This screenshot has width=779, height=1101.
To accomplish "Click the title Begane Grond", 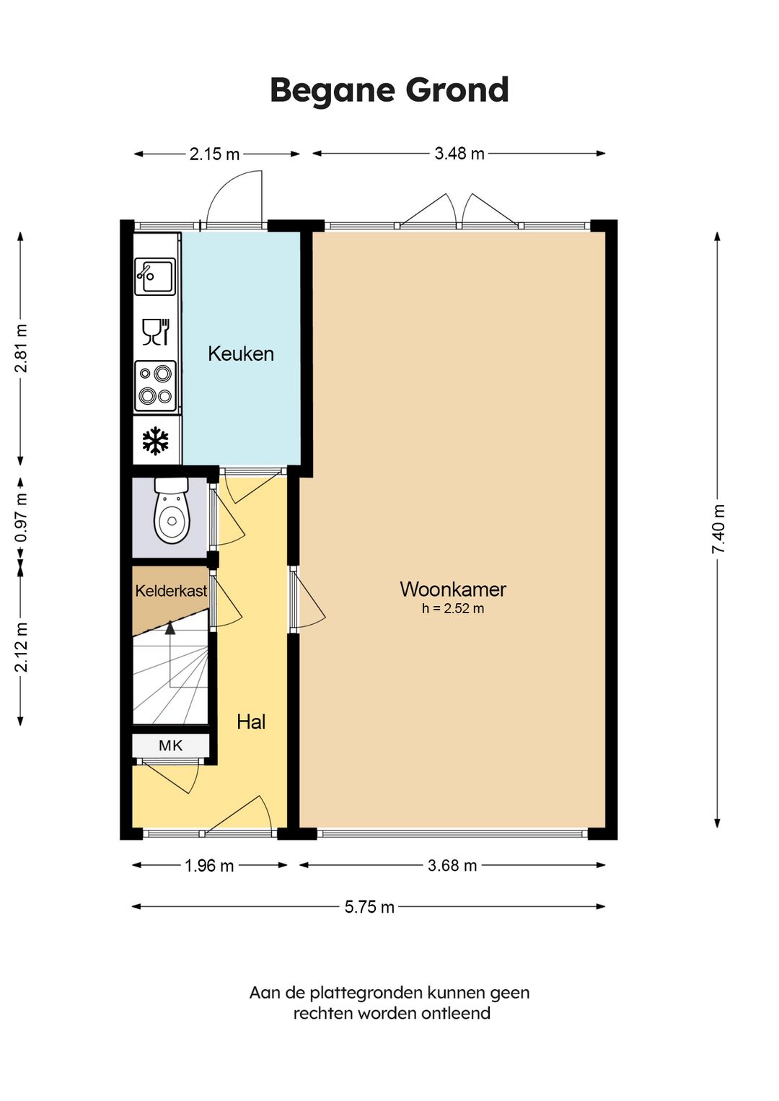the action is pos(389,90).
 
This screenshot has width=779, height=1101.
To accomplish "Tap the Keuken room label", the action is pos(241,354).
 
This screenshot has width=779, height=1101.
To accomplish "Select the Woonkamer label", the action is pos(453,589).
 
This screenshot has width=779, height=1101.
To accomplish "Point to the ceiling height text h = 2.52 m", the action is pos(453,608).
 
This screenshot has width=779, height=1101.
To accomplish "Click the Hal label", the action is pos(251,721).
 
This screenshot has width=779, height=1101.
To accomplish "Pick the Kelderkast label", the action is pos(171,591).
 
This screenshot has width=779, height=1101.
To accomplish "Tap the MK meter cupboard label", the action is pos(170,745).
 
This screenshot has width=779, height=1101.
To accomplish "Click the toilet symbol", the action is pos(172,511).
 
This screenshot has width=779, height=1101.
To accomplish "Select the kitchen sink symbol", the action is pos(155,277).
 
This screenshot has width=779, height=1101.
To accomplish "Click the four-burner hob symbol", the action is pos(155,386).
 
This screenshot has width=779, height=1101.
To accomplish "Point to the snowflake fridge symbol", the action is pos(155,441).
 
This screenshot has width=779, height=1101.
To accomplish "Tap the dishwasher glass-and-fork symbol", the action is pos(156,332).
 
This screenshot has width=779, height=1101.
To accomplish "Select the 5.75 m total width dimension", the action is pos(369,907).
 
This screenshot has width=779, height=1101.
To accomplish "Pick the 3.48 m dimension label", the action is pos(459,154).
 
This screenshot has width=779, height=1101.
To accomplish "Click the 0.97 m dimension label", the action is pos(21,517).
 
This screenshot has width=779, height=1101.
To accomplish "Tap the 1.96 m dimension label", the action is pos(209,866).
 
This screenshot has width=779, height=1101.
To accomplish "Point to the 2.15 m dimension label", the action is pos(214,154).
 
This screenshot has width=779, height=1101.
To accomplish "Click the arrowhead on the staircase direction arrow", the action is pos(170,627).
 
